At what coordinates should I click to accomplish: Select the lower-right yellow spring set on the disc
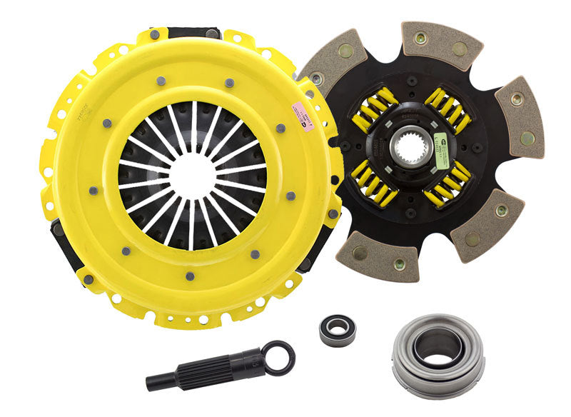coord(448,186)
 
